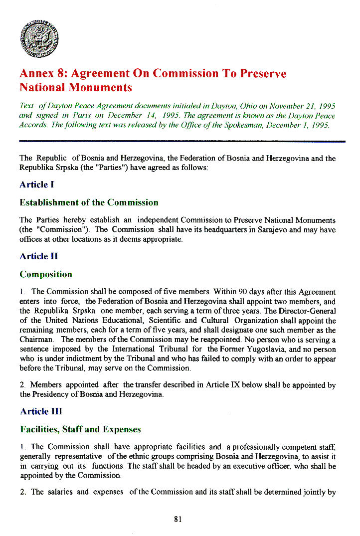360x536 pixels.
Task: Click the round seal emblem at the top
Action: tap(41, 37)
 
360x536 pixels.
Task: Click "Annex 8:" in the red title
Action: tap(43, 74)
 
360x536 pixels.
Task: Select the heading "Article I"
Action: tap(36, 184)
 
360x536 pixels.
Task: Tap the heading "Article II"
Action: tap(39, 256)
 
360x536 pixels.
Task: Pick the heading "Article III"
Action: tap(41, 411)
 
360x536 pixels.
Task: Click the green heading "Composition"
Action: tap(46, 274)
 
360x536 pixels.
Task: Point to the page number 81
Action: tap(178, 519)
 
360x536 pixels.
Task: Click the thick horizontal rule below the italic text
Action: tap(182, 142)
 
